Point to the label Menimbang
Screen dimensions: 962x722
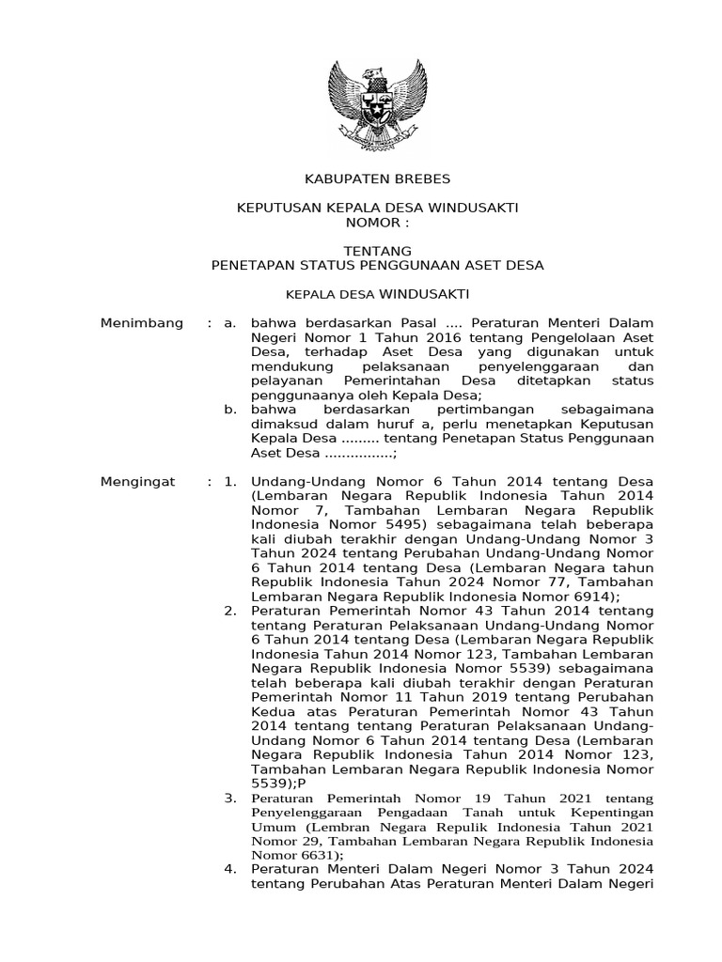point(141,324)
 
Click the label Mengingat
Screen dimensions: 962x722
point(138,482)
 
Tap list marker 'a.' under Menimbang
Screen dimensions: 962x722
point(228,324)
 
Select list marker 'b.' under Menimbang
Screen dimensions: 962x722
point(228,411)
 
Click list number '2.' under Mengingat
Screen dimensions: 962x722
point(229,612)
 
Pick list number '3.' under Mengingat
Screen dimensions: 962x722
point(229,799)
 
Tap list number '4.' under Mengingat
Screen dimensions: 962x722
point(229,869)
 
